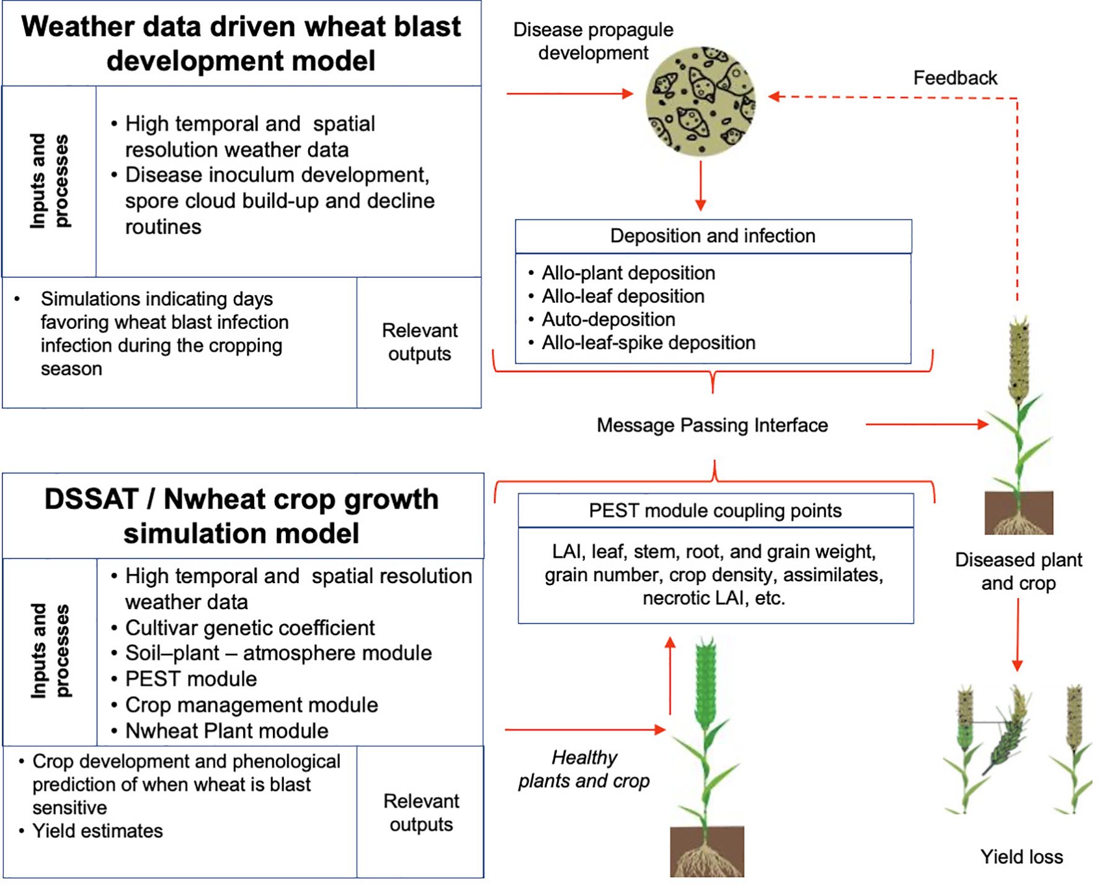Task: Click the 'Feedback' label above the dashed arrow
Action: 955,78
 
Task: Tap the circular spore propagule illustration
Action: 701,100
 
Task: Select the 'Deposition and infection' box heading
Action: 713,236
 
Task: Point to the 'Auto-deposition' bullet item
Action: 608,319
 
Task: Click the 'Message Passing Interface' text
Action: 712,425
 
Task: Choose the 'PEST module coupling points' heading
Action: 716,511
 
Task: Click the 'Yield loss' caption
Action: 1021,857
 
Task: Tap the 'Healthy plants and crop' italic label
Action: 584,769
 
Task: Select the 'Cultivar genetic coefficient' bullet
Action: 250,628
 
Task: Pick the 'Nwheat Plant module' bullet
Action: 227,731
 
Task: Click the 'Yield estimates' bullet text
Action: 97,831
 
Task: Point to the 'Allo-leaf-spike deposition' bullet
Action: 648,342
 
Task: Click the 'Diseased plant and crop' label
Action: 1018,571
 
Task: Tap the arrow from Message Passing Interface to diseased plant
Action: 927,424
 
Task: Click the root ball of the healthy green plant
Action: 706,851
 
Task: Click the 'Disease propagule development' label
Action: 593,41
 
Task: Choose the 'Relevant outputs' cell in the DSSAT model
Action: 420,812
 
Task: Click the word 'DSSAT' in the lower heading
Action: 91,499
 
